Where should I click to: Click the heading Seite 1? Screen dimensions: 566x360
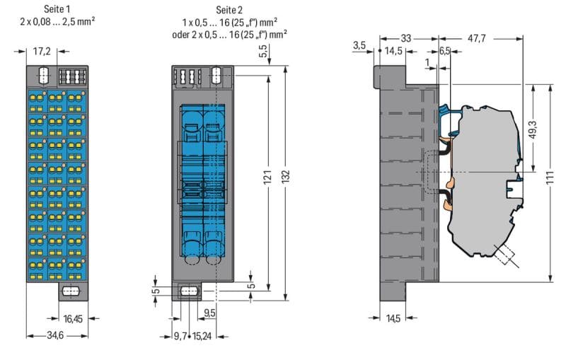57,8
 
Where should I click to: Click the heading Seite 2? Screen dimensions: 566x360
229,10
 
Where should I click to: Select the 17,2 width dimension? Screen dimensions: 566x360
42,51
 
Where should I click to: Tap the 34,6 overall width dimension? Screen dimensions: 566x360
55,335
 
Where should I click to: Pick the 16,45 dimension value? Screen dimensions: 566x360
73,319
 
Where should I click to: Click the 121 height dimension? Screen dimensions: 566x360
267,177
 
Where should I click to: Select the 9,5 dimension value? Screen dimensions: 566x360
209,313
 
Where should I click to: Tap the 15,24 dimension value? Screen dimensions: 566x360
202,336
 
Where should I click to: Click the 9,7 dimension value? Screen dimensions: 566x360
180,336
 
